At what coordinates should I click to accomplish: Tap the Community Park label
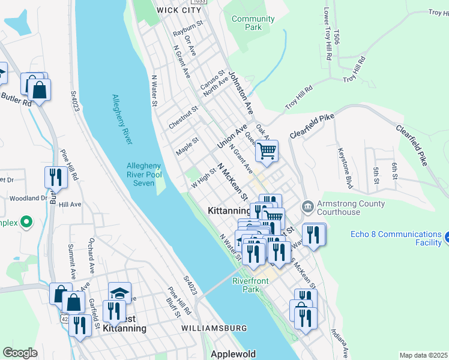click(253, 23)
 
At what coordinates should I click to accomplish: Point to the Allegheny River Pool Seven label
click(143, 174)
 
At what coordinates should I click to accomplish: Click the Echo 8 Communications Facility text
click(396, 238)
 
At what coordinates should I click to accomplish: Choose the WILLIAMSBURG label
click(214, 329)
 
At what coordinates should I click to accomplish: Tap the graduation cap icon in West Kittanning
click(119, 292)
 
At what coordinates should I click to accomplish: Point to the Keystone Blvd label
click(347, 167)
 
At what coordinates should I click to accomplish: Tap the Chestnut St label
click(183, 113)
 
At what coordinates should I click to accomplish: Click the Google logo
click(20, 352)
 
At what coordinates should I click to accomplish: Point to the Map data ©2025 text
click(423, 355)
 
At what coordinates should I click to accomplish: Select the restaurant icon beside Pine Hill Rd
click(53, 177)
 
